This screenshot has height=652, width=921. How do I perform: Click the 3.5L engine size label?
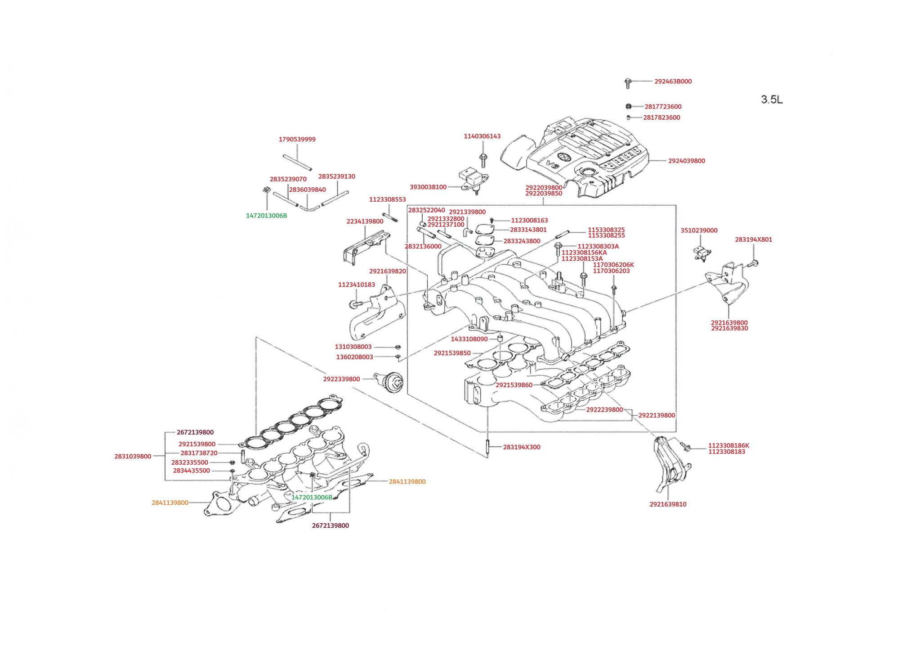click(x=771, y=100)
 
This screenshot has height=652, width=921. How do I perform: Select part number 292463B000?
click(x=673, y=81)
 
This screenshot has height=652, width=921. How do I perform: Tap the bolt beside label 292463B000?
click(x=628, y=82)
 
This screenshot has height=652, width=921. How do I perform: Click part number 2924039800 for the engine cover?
click(x=686, y=161)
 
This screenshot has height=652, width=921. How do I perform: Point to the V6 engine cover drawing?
click(x=580, y=158)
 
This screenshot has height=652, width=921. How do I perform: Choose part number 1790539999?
click(x=297, y=140)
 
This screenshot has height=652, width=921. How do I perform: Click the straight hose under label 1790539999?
click(x=297, y=163)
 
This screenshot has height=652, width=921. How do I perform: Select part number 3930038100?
click(x=428, y=187)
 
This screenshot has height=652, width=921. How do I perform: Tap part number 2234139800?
click(x=365, y=222)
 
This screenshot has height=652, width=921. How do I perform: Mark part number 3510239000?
click(x=699, y=231)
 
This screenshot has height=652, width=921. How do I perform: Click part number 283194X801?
click(x=753, y=240)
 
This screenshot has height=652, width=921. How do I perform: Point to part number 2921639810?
click(x=668, y=504)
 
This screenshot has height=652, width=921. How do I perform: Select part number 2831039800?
click(x=133, y=456)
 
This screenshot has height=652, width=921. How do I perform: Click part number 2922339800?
click(x=341, y=379)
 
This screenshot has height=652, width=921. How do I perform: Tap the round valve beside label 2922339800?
click(x=389, y=381)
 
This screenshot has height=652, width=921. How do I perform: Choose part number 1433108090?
click(x=469, y=339)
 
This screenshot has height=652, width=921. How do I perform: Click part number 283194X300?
click(x=521, y=447)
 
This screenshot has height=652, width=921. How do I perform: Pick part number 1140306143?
click(x=482, y=136)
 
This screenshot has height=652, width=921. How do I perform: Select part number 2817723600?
click(x=663, y=107)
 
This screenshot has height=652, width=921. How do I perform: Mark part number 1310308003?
click(x=353, y=347)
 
